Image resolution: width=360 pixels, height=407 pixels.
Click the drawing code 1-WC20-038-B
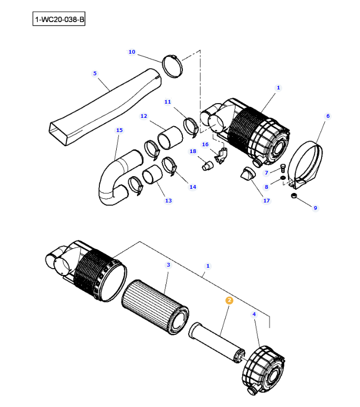(x=59, y=20)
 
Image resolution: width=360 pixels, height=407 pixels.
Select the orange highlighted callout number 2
(x=229, y=300)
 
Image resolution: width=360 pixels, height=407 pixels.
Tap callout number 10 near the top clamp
(x=132, y=52)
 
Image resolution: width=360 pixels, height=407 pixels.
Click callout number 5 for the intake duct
(x=95, y=73)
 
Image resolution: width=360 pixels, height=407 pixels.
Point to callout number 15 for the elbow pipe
(x=119, y=130)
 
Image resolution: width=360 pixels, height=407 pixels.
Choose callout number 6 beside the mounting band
(x=327, y=116)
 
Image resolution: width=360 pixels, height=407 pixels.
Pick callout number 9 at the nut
(x=315, y=208)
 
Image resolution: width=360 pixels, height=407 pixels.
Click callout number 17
(x=266, y=200)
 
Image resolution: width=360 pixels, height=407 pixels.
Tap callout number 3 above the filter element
(x=168, y=264)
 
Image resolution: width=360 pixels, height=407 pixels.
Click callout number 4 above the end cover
(x=254, y=314)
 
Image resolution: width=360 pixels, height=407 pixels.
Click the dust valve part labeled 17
(x=247, y=174)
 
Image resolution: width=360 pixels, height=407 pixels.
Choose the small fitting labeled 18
(x=207, y=166)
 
